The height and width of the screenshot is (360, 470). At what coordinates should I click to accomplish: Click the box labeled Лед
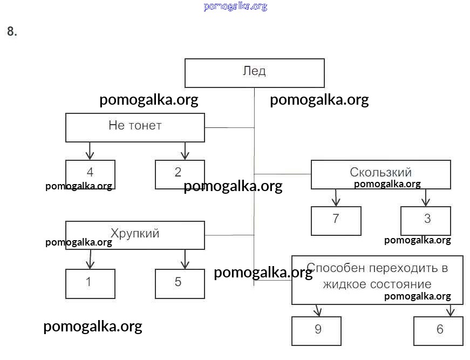[x=254, y=73]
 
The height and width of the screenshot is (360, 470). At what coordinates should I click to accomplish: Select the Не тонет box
[x=135, y=127]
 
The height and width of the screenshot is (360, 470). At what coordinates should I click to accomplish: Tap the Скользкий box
[x=380, y=174]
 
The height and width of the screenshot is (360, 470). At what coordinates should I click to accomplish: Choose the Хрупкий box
[x=135, y=235]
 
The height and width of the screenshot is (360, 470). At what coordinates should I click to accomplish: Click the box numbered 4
[x=90, y=174]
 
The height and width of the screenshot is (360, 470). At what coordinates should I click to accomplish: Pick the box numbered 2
[x=180, y=174]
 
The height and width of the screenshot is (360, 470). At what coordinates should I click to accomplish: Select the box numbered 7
[x=336, y=221]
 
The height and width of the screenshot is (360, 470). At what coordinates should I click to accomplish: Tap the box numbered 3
[x=425, y=221]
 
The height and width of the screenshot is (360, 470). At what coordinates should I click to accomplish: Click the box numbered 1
[x=90, y=283]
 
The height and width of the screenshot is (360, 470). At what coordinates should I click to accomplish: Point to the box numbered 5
[x=180, y=283]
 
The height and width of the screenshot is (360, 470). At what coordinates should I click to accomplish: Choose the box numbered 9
[x=316, y=330]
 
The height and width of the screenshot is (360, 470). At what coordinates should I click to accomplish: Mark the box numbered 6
[x=438, y=330]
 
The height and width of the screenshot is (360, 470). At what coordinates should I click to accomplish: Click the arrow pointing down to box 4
[x=90, y=151]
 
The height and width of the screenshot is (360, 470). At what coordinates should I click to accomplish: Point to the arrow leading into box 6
[x=451, y=310]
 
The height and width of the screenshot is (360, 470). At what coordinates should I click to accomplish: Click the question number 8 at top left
[x=12, y=32]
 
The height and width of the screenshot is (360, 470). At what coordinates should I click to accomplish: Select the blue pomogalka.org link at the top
[x=235, y=6]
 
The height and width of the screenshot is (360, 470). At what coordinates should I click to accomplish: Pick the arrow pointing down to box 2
[x=185, y=151]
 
